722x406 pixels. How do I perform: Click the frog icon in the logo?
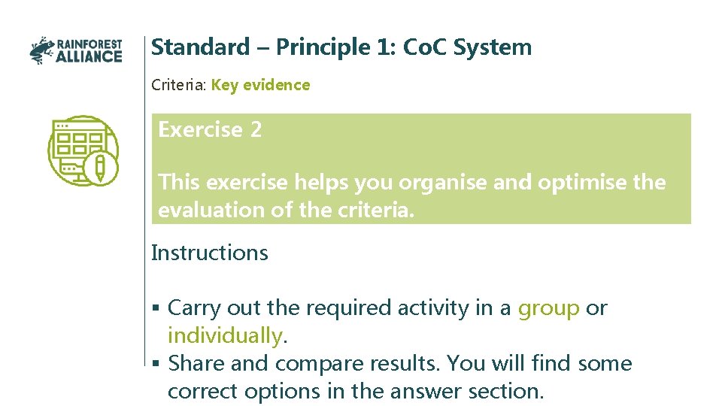(42, 50)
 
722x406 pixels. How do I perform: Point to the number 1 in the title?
(385, 47)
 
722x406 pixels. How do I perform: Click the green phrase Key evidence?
(260, 85)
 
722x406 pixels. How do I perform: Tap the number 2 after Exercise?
(256, 130)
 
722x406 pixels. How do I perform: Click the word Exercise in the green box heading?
(200, 130)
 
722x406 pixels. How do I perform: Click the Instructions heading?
(209, 253)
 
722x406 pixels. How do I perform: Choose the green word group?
(549, 308)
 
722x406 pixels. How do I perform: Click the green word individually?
(225, 335)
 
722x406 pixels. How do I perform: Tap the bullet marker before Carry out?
(155, 308)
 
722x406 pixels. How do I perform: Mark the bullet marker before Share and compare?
(155, 364)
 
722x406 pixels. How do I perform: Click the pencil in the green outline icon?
(100, 167)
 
